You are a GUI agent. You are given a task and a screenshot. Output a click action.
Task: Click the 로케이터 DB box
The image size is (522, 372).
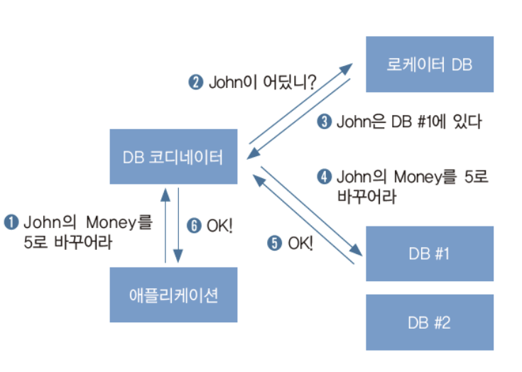[x=429, y=65]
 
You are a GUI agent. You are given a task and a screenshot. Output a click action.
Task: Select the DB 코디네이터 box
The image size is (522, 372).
[x=173, y=157]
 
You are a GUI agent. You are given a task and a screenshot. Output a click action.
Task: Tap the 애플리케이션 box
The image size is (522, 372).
[x=173, y=295]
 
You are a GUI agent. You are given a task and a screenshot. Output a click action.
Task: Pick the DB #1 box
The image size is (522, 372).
[x=429, y=254]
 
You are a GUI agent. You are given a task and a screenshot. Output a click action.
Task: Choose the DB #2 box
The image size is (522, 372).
[x=429, y=322]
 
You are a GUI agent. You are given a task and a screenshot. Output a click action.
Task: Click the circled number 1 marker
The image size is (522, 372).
[x=11, y=222]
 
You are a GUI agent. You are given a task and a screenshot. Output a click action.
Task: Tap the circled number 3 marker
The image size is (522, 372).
[x=324, y=122]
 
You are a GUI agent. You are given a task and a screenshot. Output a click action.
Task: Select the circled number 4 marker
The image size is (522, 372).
[x=324, y=175]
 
